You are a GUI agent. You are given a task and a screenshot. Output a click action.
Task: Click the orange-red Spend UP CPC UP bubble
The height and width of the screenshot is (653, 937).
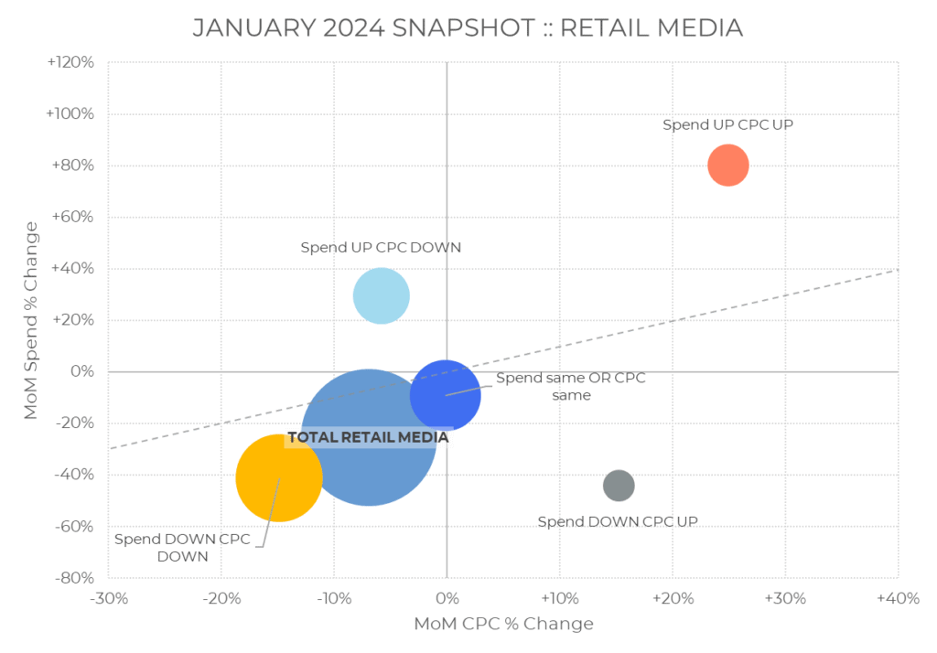[728, 166]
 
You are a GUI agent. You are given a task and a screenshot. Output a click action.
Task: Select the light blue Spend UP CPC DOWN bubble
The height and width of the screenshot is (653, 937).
[381, 295]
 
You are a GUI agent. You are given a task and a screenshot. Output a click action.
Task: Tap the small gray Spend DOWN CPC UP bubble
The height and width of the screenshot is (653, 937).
[619, 485]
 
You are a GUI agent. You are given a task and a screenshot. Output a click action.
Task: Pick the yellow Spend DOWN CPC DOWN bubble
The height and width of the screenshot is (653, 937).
[278, 477]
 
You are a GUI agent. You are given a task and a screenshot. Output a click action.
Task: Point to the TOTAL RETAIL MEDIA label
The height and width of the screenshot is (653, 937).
[368, 437]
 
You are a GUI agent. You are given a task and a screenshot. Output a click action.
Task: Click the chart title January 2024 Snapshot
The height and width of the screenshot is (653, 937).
[468, 27]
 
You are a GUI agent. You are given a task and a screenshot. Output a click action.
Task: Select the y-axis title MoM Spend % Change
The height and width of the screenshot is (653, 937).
[31, 320]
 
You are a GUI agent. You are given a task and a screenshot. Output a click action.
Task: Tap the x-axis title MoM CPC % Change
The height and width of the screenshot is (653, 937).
[503, 624]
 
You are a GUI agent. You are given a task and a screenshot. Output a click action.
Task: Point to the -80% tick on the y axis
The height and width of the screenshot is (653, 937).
[73, 578]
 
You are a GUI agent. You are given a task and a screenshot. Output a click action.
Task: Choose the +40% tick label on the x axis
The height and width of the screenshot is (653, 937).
[897, 598]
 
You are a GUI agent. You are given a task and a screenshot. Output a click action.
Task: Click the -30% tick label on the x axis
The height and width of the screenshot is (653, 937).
[109, 598]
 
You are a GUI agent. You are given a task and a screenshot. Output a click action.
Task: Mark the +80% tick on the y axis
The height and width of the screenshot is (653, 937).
[72, 166]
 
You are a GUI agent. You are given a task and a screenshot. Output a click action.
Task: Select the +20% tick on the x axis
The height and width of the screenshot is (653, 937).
[672, 598]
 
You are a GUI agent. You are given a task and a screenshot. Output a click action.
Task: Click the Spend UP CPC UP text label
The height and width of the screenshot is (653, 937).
[727, 124]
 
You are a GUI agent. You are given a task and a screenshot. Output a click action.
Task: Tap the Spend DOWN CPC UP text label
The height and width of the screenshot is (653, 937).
[618, 521]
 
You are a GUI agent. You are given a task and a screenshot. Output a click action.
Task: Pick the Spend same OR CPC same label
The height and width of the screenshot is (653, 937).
[570, 386]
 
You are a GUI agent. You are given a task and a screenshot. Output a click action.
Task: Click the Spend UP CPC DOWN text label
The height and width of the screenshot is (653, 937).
[381, 247]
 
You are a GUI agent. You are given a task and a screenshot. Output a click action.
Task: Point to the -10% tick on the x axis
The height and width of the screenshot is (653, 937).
[334, 598]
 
